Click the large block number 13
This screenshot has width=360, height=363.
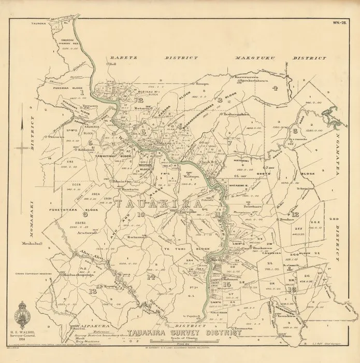93,291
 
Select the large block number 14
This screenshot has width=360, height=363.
151,276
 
